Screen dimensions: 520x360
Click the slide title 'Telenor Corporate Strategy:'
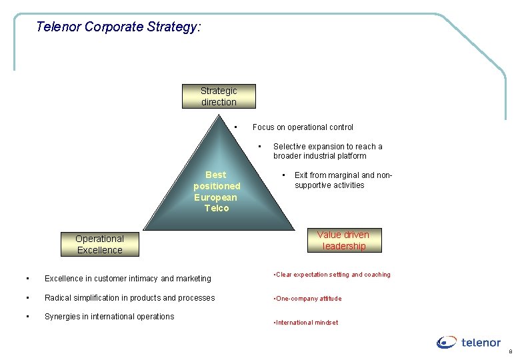118,27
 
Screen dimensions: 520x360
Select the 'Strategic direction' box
219,96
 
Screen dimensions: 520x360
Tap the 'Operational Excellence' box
99,244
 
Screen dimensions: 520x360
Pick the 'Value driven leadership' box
343,240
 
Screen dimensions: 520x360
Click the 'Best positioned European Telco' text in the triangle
217,191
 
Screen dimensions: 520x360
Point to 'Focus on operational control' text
303,127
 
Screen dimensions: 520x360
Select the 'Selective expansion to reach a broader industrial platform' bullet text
328,151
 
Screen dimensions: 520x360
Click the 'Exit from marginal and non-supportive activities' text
343,180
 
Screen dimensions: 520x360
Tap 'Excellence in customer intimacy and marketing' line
127,279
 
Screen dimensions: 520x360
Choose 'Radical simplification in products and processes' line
129,297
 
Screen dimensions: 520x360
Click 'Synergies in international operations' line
109,317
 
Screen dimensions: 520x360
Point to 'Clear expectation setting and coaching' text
333,275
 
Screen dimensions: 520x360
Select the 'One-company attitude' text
308,299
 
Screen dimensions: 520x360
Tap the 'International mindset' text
306,323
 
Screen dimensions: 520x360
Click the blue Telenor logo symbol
447,343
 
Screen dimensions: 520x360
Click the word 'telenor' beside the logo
481,343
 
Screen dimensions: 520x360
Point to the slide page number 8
511,351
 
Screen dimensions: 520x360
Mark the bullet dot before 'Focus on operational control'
237,127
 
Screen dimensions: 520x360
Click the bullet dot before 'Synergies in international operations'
27,317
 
